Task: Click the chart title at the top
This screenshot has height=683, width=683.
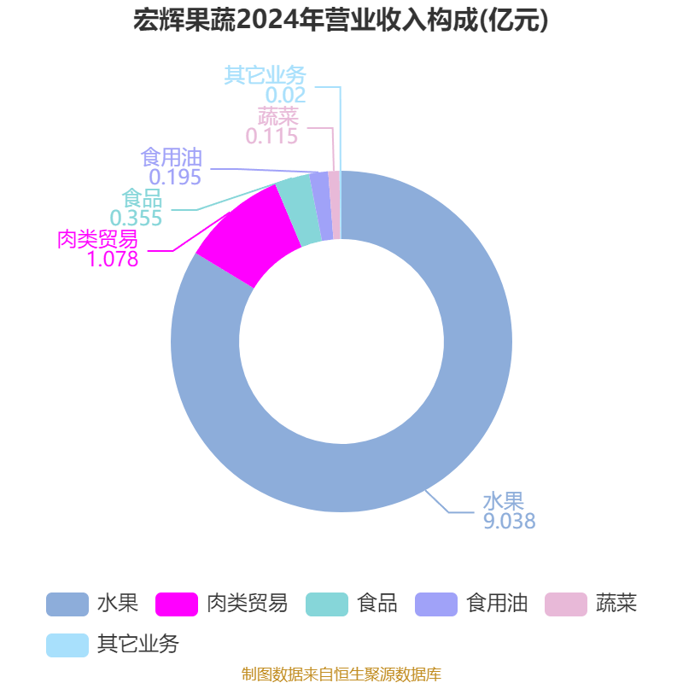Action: pyautogui.click(x=341, y=20)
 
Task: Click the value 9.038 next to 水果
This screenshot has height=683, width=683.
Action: pyautogui.click(x=509, y=521)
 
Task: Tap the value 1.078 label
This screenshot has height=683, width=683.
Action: pyautogui.click(x=112, y=259)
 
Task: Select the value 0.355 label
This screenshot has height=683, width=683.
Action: pyautogui.click(x=136, y=218)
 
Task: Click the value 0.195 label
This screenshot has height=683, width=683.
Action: pyautogui.click(x=175, y=177)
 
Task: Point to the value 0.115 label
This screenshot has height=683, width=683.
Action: pyautogui.click(x=271, y=136)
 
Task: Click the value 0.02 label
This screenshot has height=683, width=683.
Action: pyautogui.click(x=285, y=95)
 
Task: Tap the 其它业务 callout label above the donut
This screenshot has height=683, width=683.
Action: pyautogui.click(x=265, y=75)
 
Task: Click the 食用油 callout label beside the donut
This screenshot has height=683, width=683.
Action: pyautogui.click(x=171, y=157)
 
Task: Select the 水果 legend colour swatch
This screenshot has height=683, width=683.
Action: pyautogui.click(x=67, y=604)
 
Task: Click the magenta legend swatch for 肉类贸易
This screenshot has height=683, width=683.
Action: pyautogui.click(x=177, y=604)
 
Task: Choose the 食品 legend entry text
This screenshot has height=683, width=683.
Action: pyautogui.click(x=377, y=604)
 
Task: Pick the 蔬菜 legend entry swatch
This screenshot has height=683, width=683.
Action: pyautogui.click(x=566, y=604)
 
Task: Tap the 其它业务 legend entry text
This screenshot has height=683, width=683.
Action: pyautogui.click(x=137, y=644)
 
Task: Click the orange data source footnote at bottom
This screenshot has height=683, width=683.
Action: pyautogui.click(x=341, y=674)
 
